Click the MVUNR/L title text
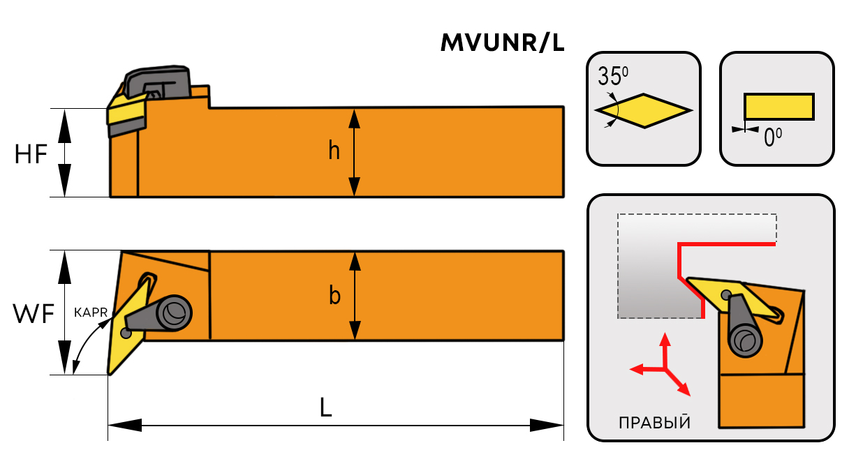point(502,43)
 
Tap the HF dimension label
point(31,154)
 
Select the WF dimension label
point(33,315)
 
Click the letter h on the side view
point(334,151)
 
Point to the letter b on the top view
point(334,296)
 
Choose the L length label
point(325,407)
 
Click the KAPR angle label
point(91,313)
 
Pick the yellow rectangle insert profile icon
point(778,106)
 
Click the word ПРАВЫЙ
point(654,423)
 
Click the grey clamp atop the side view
point(158,82)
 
